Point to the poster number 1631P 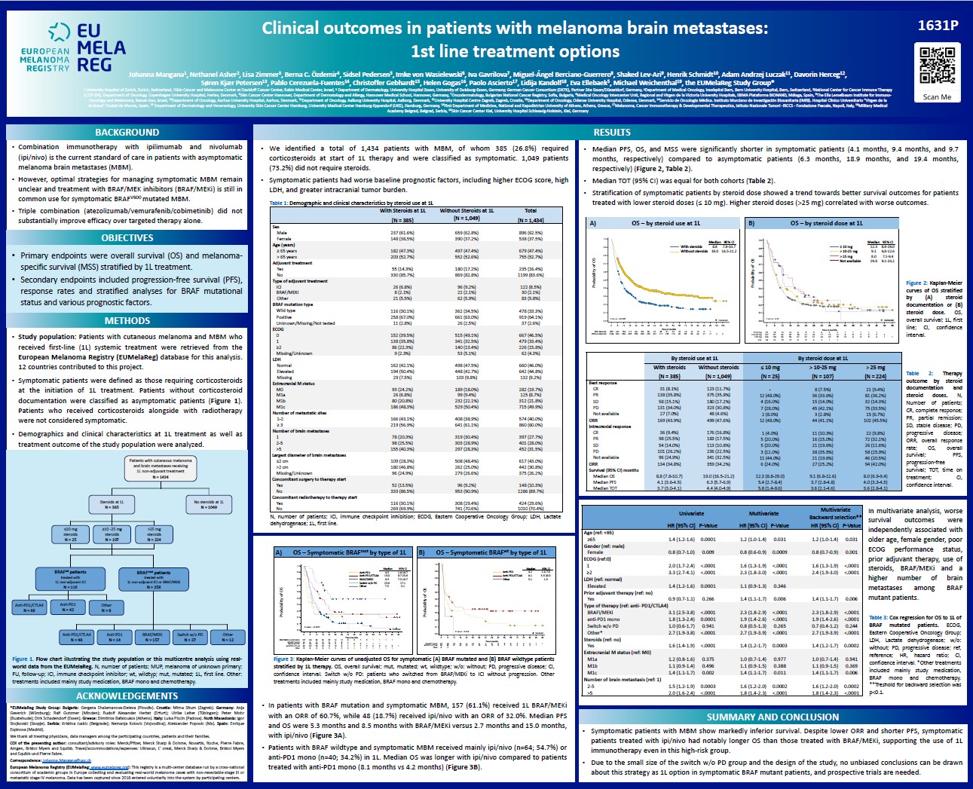click(x=938, y=25)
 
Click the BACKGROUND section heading click(x=127, y=132)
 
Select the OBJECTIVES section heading click(x=127, y=237)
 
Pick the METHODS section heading click(x=127, y=320)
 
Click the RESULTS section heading click(x=612, y=132)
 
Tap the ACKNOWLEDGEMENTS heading click(x=127, y=696)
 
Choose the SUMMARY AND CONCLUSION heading click(x=773, y=717)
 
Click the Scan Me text click(x=937, y=97)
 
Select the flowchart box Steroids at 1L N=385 click(x=112, y=504)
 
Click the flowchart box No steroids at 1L click(x=209, y=504)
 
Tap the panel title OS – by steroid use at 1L click(x=665, y=223)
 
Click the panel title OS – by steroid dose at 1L click(x=826, y=223)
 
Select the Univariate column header click(x=691, y=513)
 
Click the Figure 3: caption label click(x=283, y=659)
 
